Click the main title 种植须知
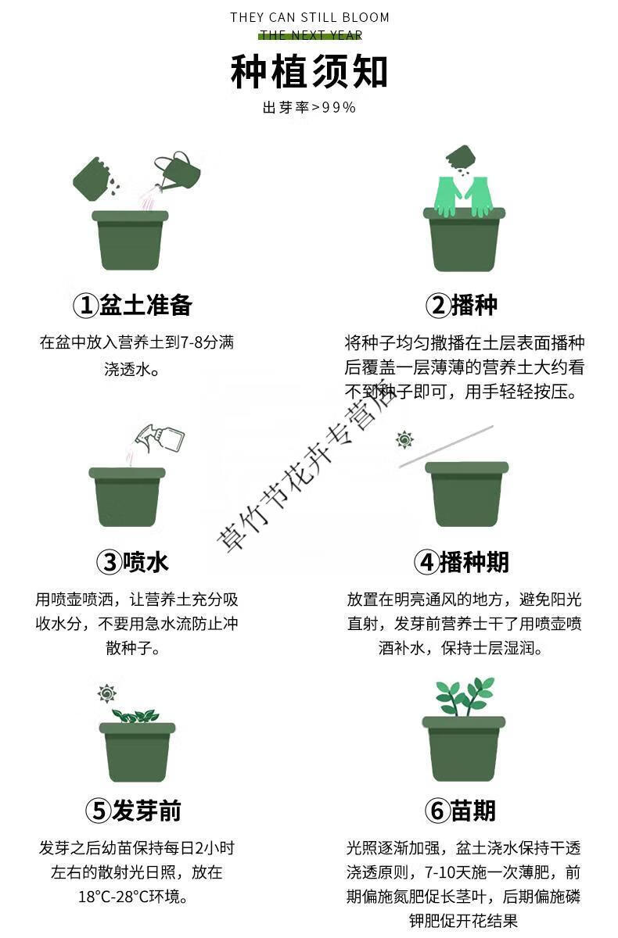pyautogui.click(x=309, y=71)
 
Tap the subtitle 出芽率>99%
pyautogui.click(x=309, y=108)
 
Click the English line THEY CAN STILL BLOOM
pyautogui.click(x=310, y=17)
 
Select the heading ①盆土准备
pyautogui.click(x=132, y=304)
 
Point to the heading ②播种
pyautogui.click(x=462, y=304)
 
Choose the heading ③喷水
pyautogui.click(x=132, y=561)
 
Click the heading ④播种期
pyautogui.click(x=462, y=561)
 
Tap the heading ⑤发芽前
pyautogui.click(x=133, y=811)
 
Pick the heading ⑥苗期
pyautogui.click(x=461, y=811)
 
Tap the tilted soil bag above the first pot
pyautogui.click(x=92, y=178)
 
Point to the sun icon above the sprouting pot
pyautogui.click(x=107, y=693)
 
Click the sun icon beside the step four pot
pyautogui.click(x=404, y=439)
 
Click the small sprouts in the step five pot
pyautogui.click(x=135, y=716)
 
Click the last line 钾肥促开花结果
pyautogui.click(x=463, y=921)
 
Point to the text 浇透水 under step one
pyautogui.click(x=131, y=369)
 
